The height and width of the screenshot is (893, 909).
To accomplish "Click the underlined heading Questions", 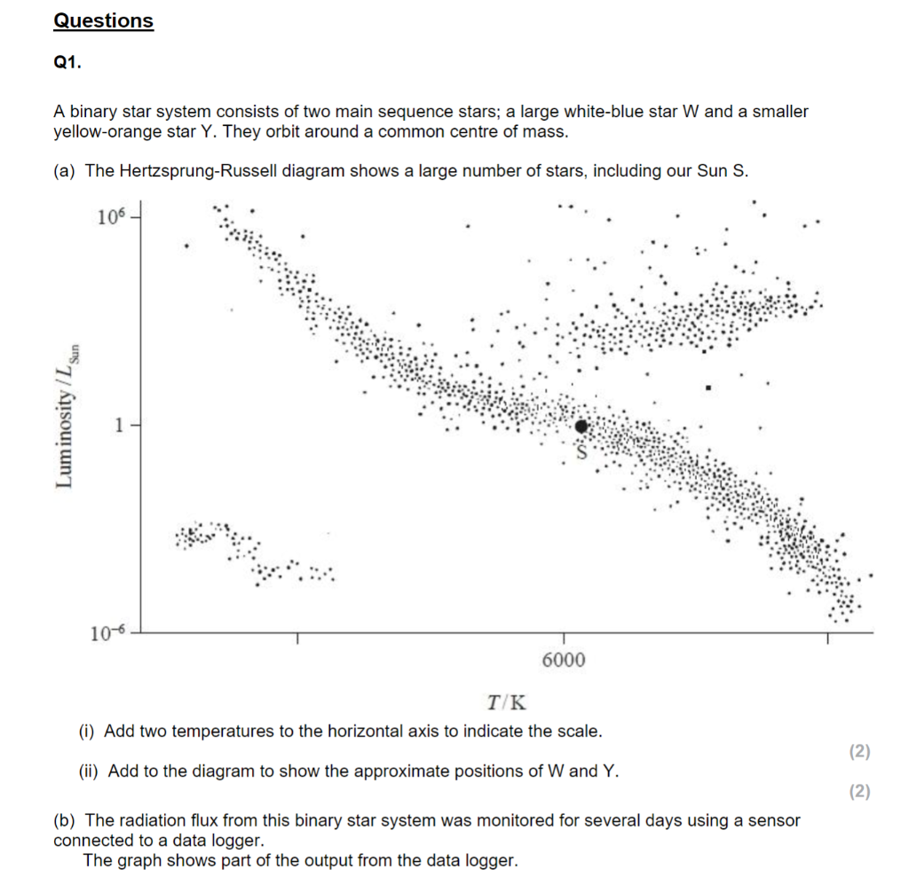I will (103, 20).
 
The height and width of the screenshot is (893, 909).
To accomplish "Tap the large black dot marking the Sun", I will (581, 427).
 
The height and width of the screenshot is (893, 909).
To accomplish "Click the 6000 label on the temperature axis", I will (563, 661).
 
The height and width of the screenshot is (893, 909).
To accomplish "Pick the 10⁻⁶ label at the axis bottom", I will (109, 632).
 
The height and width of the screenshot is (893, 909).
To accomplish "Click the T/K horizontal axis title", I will (507, 703).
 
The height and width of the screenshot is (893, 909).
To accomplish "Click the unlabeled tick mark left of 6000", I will (297, 638).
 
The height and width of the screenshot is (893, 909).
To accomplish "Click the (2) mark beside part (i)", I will (859, 752).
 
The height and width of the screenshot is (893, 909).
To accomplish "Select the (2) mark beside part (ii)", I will (859, 792).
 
